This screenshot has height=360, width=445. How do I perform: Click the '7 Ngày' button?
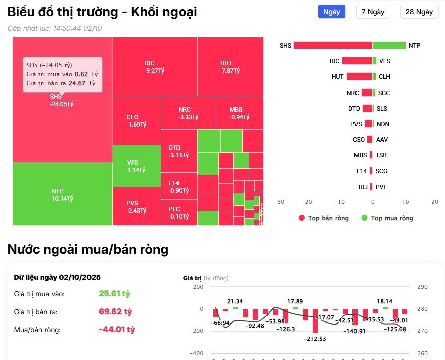click(x=373, y=12)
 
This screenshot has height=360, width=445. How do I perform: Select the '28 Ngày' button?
click(x=419, y=12)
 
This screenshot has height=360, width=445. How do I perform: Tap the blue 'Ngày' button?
click(x=331, y=12)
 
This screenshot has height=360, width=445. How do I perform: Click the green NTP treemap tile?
click(x=62, y=194)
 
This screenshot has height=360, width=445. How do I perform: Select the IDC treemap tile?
click(x=154, y=66)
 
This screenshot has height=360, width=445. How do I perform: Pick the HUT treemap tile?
click(x=230, y=66)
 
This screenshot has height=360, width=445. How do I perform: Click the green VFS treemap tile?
click(x=136, y=166)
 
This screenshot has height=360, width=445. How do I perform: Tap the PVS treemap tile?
click(x=136, y=206)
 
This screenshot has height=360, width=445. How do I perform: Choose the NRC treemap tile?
click(x=188, y=113)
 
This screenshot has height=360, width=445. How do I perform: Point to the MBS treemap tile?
click(x=239, y=113)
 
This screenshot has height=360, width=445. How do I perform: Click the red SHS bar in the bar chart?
click(x=332, y=45)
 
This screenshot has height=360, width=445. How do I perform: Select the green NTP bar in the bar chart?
click(x=389, y=45)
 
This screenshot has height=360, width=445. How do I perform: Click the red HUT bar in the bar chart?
click(x=359, y=77)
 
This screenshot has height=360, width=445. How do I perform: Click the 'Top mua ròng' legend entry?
click(x=387, y=218)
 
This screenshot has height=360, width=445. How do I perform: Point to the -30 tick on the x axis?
click(x=279, y=202)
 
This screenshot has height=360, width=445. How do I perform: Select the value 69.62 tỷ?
click(x=115, y=312)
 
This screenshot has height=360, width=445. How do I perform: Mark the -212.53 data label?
click(x=315, y=338)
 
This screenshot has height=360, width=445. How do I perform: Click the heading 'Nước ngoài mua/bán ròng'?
click(x=87, y=249)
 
